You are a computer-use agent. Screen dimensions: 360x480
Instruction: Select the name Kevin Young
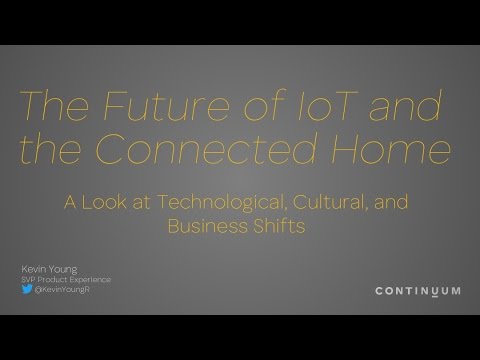[46, 267]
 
